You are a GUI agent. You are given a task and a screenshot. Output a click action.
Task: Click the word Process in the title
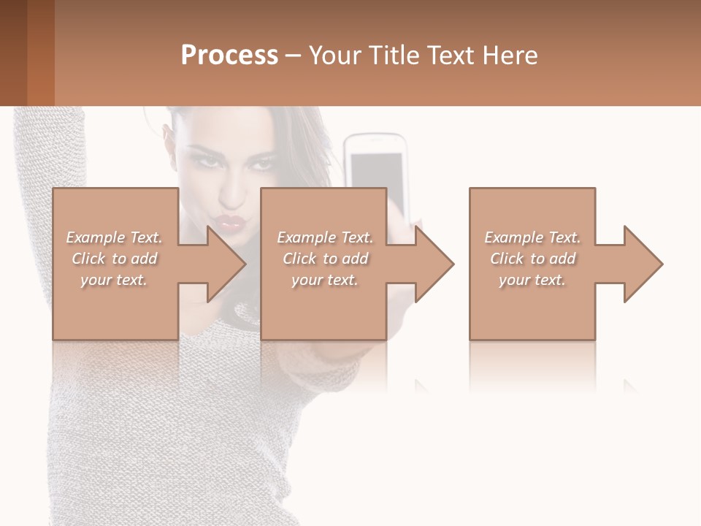(229, 56)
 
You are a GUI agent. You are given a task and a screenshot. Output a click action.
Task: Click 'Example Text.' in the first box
(114, 237)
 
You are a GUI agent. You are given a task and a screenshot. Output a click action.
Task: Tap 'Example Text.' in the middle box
(325, 237)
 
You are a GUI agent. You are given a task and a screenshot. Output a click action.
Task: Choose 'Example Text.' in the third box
(532, 237)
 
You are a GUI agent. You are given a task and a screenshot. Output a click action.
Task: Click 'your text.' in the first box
(114, 280)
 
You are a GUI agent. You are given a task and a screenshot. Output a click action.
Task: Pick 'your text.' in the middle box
(325, 280)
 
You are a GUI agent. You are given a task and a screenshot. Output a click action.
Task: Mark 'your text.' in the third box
(532, 280)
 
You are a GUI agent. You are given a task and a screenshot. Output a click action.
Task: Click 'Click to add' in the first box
(114, 259)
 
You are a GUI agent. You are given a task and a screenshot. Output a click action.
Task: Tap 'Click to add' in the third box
(532, 259)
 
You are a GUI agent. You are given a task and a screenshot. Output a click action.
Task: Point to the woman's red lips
(236, 221)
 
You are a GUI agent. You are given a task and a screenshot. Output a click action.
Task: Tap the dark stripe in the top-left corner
(13, 53)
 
